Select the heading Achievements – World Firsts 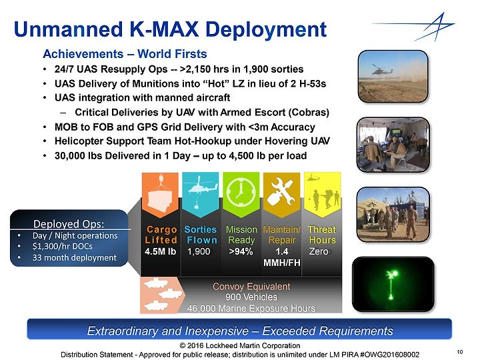click(x=125, y=54)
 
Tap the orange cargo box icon click(x=160, y=196)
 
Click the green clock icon click(x=241, y=193)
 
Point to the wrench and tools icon click(x=281, y=191)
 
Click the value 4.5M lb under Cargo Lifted click(x=161, y=251)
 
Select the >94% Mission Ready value click(x=241, y=251)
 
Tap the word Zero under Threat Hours click(x=319, y=251)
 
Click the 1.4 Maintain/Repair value click(x=281, y=251)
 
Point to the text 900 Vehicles click(x=251, y=297)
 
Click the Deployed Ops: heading click(x=69, y=224)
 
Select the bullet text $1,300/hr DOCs click(x=63, y=247)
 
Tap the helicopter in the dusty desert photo click(x=382, y=70)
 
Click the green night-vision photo click(x=393, y=285)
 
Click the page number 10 click(x=460, y=352)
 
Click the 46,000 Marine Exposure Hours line click(x=251, y=308)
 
